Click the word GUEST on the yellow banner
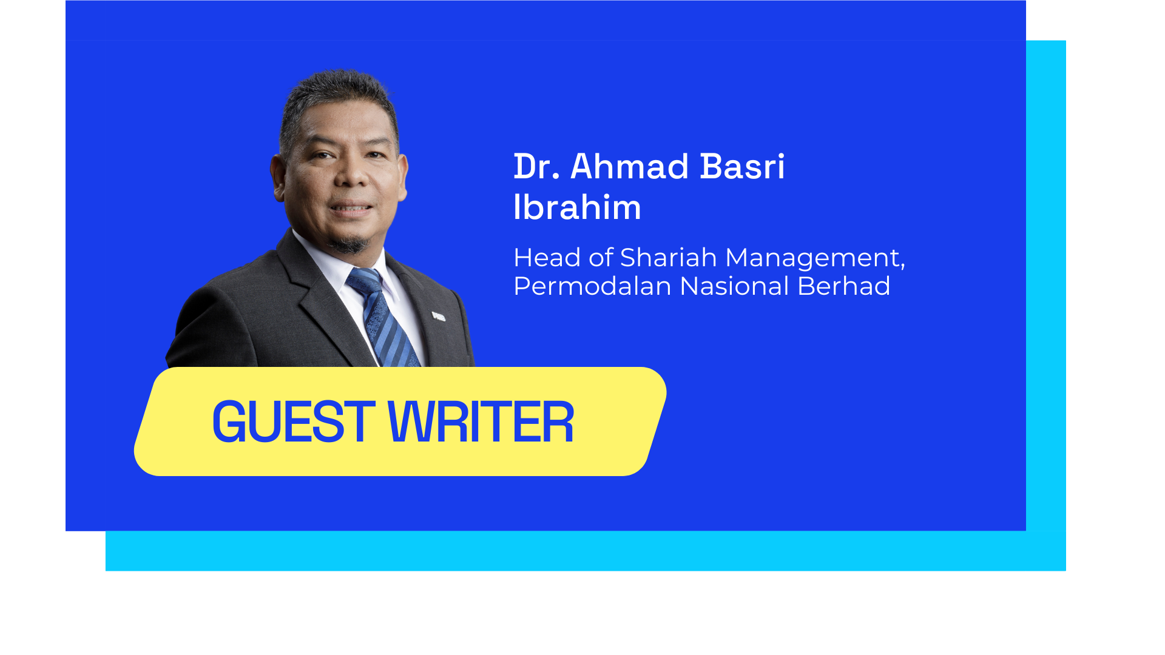point(293,422)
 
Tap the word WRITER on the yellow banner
point(480,422)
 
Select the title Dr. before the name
point(536,167)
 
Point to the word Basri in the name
point(742,167)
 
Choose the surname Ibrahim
point(577,207)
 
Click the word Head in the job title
point(547,258)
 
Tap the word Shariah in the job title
point(668,258)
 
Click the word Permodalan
point(592,286)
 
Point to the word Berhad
point(843,286)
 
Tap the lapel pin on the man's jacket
point(438,316)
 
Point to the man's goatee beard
point(348,244)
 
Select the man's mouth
point(351,209)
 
